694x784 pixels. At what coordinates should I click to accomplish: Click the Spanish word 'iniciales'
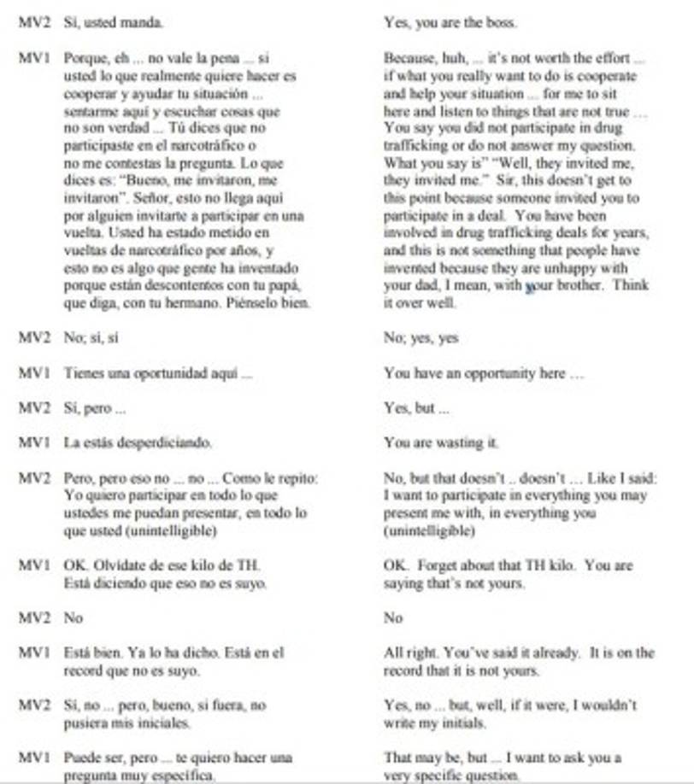point(162,723)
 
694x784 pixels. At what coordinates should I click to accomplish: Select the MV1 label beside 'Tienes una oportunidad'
point(32,373)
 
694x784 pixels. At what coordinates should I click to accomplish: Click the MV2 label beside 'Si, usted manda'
point(32,23)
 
